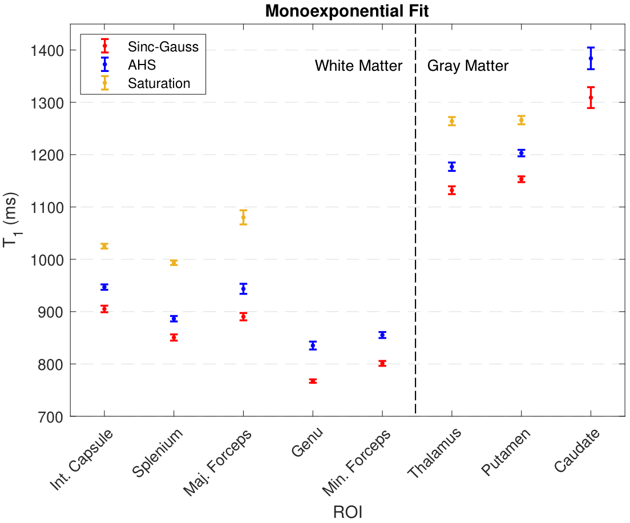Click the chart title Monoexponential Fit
(x=347, y=11)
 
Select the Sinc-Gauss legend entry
(x=163, y=47)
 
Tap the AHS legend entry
(x=142, y=65)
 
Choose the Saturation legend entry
(x=159, y=83)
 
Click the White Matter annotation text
(x=358, y=66)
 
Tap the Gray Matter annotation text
(x=468, y=66)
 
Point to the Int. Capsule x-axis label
(x=81, y=459)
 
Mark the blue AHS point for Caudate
(x=591, y=58)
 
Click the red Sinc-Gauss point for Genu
(x=313, y=381)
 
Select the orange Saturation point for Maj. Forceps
(x=243, y=217)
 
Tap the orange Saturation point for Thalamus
(x=452, y=121)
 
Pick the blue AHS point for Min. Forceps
(x=382, y=335)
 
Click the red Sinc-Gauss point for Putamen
(x=521, y=179)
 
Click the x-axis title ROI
(x=348, y=512)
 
